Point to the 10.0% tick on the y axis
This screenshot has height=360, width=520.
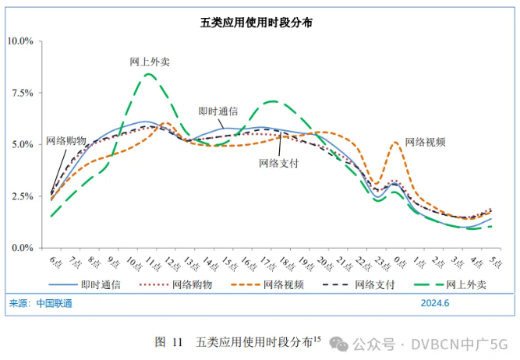(21, 41)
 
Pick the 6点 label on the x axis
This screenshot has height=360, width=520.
(55, 259)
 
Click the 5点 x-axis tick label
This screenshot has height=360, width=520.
(493, 259)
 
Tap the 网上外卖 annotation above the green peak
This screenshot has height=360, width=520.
(150, 62)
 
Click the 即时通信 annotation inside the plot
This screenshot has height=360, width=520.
(218, 111)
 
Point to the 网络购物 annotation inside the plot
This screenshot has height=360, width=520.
(65, 140)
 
